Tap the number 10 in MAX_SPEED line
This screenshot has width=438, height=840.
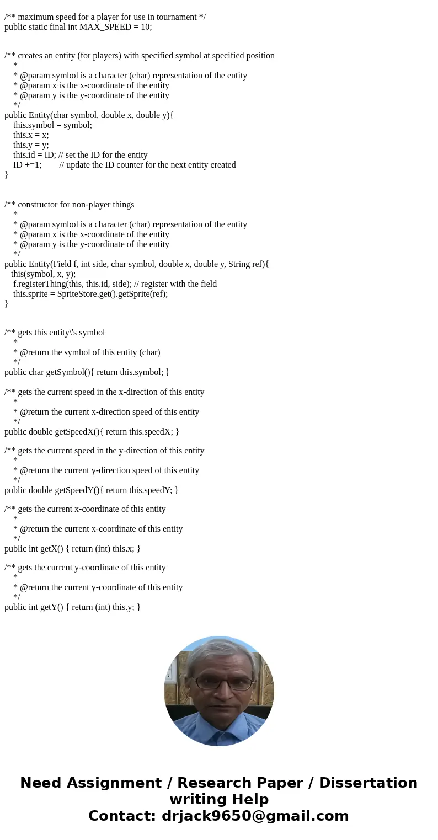point(146,26)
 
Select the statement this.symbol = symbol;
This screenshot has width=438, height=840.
point(52,125)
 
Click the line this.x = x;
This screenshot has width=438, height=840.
point(31,135)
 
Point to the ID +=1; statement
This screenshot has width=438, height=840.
point(27,164)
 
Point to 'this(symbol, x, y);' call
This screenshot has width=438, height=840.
point(43,274)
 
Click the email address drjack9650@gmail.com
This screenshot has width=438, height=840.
point(255,816)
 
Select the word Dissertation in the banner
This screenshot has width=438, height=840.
point(368,783)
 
